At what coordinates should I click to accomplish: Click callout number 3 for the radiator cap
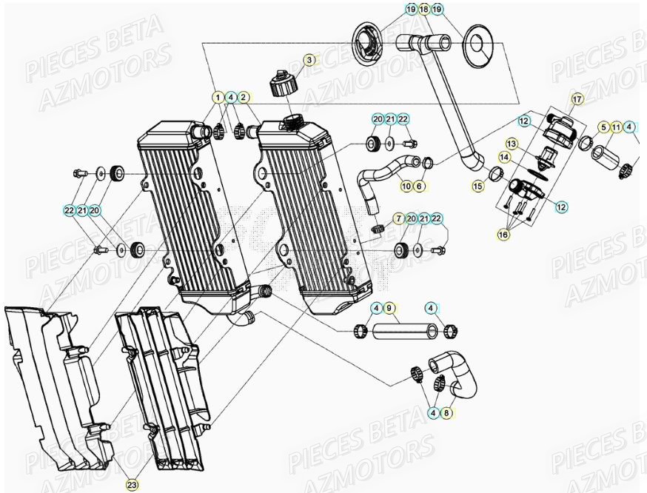click(x=309, y=59)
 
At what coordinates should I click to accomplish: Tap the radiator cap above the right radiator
click(x=284, y=83)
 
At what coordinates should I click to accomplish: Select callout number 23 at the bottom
click(x=132, y=485)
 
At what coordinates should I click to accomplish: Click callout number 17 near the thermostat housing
click(x=577, y=98)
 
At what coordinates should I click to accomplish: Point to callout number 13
click(x=512, y=143)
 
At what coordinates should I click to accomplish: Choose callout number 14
click(x=504, y=157)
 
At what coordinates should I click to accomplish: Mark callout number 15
click(x=478, y=187)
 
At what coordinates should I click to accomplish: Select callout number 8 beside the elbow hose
click(x=446, y=413)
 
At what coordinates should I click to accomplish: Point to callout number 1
click(x=218, y=97)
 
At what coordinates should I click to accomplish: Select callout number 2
click(x=244, y=97)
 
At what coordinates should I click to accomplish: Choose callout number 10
click(x=406, y=186)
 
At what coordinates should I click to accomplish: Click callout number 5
click(x=603, y=127)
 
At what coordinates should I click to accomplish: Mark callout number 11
click(x=616, y=127)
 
